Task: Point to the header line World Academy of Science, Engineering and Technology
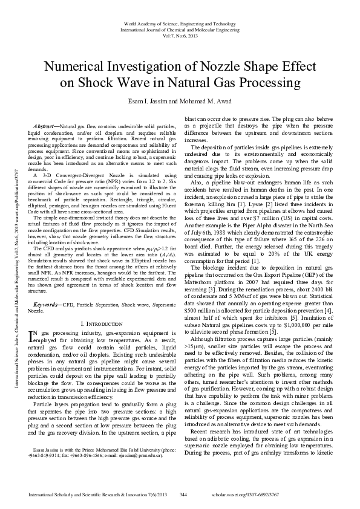click(179, 22)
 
